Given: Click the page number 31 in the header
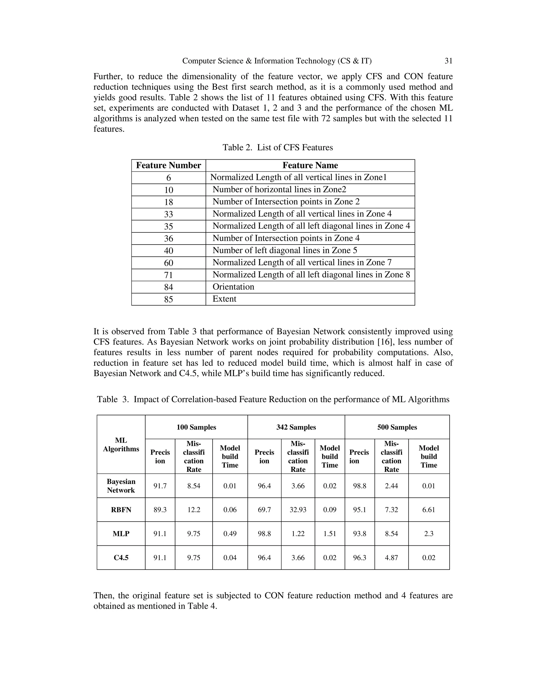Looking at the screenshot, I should pos(448,61).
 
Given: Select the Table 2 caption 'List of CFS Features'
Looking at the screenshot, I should pos(278,147).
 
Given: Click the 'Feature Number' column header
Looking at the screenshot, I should pos(168,165).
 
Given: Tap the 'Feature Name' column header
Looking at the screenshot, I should pos(310,165).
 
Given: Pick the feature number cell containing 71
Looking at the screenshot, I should pos(168,275).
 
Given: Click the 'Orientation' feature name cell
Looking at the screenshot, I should pos(233,287).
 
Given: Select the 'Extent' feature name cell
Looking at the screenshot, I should pos(224,299).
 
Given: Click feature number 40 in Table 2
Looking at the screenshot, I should pos(168,251).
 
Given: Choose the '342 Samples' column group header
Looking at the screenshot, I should pos(296,427).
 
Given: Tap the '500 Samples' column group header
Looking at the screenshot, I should pos(397,427).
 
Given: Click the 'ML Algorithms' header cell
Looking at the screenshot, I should pos(121,444).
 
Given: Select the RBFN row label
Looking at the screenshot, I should pos(121,510).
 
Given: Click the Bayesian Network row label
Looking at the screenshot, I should pos(121,486).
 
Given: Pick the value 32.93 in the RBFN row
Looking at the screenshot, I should pos(298,510).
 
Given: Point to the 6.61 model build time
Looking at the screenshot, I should pos(428,510).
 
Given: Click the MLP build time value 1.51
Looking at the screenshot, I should pos(329,534).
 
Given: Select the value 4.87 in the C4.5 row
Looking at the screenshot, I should pos(391,558).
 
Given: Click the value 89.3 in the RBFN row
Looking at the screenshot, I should pos(160,510).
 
